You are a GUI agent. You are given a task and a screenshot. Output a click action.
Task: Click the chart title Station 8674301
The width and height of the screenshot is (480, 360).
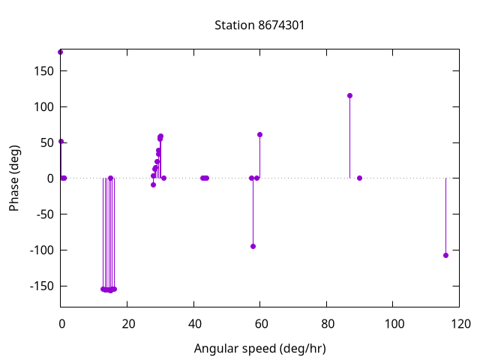click(259, 25)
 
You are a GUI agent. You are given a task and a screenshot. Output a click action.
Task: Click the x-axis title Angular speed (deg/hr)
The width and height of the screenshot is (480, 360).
click(259, 349)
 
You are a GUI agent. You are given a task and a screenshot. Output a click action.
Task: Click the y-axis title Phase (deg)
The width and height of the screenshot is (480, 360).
click(14, 178)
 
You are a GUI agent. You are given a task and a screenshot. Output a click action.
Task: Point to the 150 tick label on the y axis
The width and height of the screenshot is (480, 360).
click(41, 70)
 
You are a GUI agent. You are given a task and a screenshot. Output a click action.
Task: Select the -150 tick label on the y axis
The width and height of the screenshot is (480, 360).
click(39, 286)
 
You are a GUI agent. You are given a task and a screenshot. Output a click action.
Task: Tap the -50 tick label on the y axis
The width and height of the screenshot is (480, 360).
click(41, 214)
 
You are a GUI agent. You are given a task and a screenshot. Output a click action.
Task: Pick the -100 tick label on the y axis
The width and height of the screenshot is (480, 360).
click(39, 250)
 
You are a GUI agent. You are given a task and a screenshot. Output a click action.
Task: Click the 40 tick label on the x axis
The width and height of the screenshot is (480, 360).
click(193, 324)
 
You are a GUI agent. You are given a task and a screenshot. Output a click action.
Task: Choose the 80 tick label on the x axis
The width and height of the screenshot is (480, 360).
click(326, 324)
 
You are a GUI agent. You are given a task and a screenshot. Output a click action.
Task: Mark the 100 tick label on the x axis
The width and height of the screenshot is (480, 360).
click(393, 324)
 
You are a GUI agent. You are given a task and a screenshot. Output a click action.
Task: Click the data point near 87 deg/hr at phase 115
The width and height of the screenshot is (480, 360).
click(349, 95)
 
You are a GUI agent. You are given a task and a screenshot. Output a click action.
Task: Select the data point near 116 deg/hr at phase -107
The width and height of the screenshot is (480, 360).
click(445, 255)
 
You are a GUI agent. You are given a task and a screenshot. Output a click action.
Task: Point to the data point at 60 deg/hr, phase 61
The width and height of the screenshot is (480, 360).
click(259, 134)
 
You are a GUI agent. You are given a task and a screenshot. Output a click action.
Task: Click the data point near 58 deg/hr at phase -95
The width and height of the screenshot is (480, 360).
click(253, 246)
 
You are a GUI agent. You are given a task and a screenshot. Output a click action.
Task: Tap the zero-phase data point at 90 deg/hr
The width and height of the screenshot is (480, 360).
click(359, 178)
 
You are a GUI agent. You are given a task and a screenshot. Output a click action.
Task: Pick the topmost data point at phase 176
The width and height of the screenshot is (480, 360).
click(60, 52)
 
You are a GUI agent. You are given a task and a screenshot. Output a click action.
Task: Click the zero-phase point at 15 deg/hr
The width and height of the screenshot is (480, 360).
click(110, 178)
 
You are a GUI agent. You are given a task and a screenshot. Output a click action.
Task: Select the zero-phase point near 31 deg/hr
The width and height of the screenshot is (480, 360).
click(163, 178)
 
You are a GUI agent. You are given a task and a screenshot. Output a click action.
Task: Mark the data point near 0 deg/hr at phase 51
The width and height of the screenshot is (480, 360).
click(61, 141)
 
